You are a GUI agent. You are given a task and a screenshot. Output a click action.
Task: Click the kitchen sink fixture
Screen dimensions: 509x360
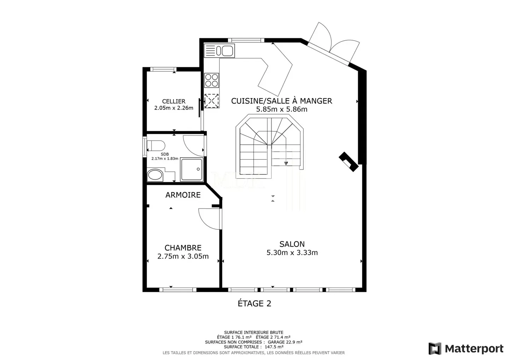tap(219, 51)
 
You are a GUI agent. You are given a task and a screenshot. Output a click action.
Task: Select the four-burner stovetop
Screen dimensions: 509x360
tap(211, 80)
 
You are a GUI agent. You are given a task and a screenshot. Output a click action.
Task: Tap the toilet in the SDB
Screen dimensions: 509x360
tap(156, 146)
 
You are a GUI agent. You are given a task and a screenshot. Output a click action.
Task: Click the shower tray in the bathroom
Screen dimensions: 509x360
tap(192, 170)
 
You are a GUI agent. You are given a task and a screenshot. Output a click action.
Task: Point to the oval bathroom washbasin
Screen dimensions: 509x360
tap(155, 175)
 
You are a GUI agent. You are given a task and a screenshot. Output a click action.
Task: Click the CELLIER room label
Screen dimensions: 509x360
tap(174, 101)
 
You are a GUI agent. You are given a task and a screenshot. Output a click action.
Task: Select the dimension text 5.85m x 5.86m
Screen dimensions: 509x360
tap(282, 109)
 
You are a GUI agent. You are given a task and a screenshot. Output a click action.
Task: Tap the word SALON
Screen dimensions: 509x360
tap(292, 244)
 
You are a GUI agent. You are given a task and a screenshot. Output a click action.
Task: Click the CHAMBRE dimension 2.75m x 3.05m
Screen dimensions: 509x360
tap(183, 256)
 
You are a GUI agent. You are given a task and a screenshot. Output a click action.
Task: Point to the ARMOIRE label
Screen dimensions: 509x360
tap(183, 195)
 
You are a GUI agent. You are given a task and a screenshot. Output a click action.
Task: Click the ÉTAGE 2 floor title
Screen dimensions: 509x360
tap(255, 303)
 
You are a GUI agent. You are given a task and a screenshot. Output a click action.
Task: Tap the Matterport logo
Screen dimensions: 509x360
tap(466, 348)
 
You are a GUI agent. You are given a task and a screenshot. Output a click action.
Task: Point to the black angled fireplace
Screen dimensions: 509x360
tap(349, 162)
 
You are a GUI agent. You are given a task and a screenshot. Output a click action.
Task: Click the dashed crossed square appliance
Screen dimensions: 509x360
tap(211, 101)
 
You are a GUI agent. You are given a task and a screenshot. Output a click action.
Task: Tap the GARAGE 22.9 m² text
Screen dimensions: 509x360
tap(285, 342)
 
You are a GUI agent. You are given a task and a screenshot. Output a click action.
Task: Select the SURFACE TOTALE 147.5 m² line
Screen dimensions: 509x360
tap(253, 347)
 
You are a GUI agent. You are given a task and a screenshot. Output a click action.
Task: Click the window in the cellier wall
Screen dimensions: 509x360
tap(163, 69)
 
